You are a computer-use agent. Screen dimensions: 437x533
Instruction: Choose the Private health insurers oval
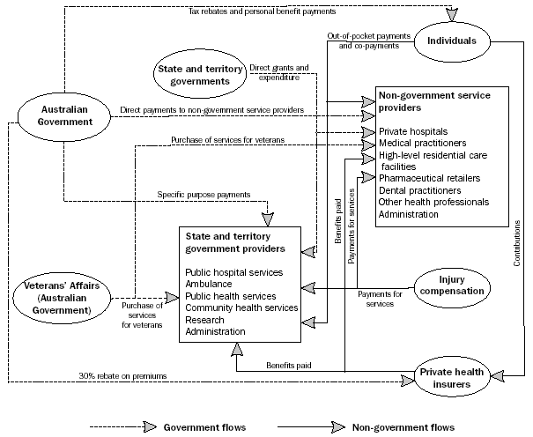click(x=452, y=377)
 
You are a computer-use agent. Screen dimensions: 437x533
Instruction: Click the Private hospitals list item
click(x=411, y=130)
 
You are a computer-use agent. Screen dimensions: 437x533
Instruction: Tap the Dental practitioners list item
click(x=419, y=189)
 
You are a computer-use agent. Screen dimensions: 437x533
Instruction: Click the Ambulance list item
click(x=208, y=285)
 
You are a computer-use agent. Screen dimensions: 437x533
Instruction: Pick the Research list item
click(x=205, y=320)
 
